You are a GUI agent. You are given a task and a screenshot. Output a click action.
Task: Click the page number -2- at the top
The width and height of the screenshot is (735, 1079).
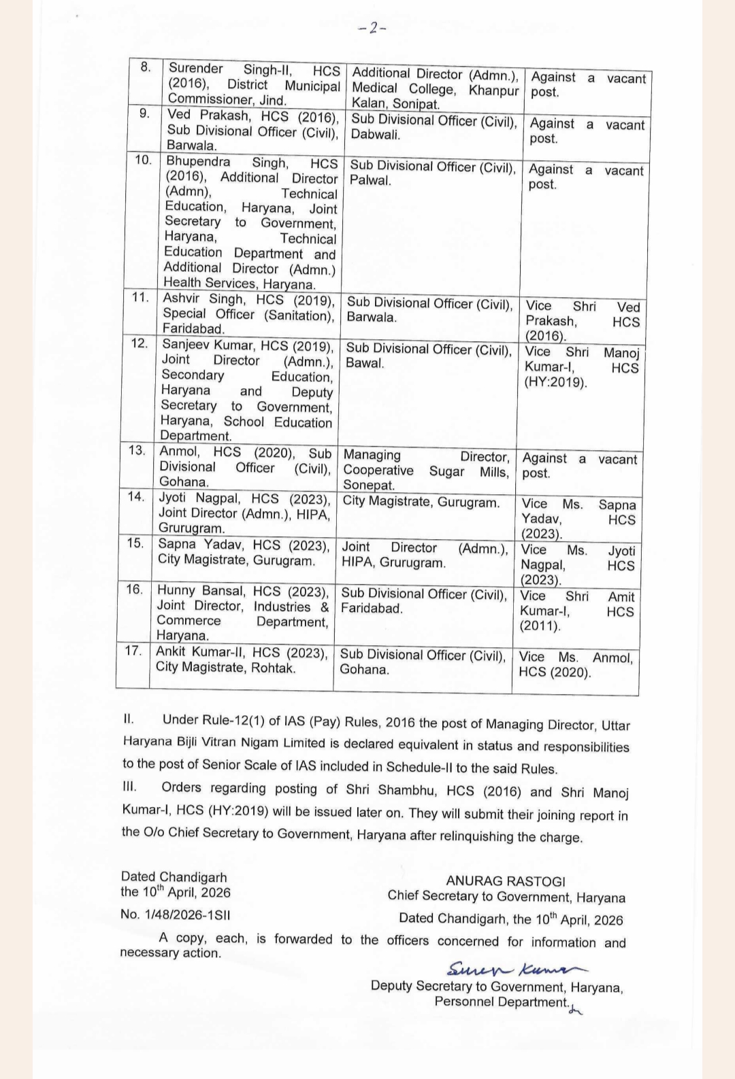point(372,28)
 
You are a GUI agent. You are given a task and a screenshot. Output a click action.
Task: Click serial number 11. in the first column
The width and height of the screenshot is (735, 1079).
point(140,297)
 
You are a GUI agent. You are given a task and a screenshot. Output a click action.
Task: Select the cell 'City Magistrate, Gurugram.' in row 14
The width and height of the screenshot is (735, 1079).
point(421,502)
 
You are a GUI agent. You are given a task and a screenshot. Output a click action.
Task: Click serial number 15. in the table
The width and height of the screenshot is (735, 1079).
point(135,543)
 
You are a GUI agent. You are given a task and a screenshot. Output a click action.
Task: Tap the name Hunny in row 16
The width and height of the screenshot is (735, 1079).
point(176,590)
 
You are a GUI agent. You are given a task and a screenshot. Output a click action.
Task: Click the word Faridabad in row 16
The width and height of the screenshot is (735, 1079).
point(371,609)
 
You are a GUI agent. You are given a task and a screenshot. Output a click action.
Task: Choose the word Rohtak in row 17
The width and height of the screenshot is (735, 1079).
point(274,668)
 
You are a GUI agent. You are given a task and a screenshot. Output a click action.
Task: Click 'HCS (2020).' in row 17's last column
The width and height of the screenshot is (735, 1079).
point(555,673)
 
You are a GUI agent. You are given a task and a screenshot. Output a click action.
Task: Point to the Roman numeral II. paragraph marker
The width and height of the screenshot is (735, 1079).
point(129,719)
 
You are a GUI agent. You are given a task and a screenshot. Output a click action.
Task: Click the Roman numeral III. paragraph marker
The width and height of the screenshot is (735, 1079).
point(129,787)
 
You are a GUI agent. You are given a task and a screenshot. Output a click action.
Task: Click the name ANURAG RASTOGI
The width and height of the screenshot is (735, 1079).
point(506,881)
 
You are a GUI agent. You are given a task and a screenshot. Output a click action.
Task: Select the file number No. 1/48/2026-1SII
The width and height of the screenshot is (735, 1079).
point(175,914)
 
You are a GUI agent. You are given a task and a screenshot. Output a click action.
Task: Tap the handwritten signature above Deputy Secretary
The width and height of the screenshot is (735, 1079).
point(516,969)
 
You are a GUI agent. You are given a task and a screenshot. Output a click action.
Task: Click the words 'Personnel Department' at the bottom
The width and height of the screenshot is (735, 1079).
point(501,1002)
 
